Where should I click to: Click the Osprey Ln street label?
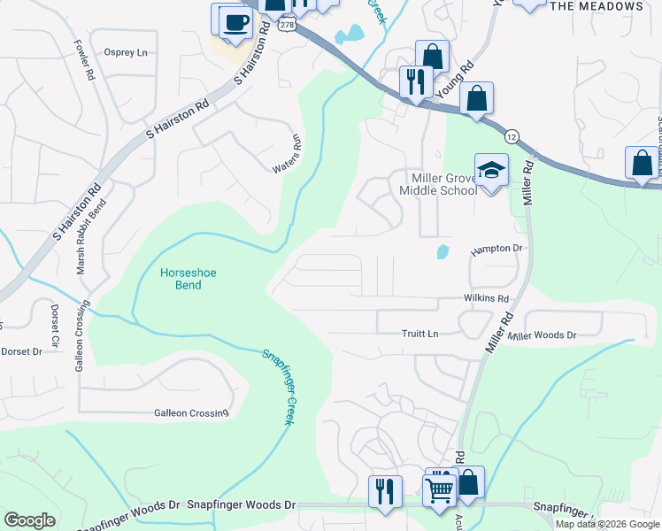pyautogui.click(x=126, y=52)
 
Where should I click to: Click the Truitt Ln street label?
pyautogui.click(x=420, y=334)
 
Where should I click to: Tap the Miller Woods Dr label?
pyautogui.click(x=542, y=335)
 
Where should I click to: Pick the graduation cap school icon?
pyautogui.click(x=491, y=169)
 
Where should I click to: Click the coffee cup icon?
pyautogui.click(x=235, y=22)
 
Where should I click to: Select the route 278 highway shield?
pyautogui.click(x=286, y=26)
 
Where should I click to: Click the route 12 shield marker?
pyautogui.click(x=512, y=135)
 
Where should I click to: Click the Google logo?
pyautogui.click(x=29, y=520)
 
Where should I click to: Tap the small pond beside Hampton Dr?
pyautogui.click(x=443, y=252)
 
